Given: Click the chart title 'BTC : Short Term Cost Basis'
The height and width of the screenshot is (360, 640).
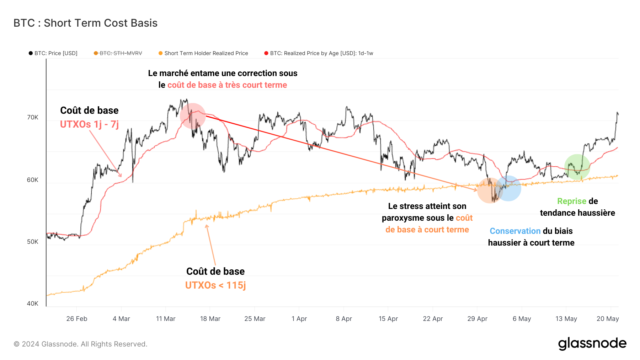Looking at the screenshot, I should pyautogui.click(x=85, y=23).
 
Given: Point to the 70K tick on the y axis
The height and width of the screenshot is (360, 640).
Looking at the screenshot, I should pyautogui.click(x=33, y=117).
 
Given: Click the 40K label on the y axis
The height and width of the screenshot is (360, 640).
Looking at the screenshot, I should pyautogui.click(x=33, y=303).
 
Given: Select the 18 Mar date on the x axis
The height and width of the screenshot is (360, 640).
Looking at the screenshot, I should pyautogui.click(x=210, y=319).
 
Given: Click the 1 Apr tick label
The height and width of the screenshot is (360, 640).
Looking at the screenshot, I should pyautogui.click(x=299, y=319).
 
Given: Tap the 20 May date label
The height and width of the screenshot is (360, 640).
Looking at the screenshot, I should pyautogui.click(x=607, y=319).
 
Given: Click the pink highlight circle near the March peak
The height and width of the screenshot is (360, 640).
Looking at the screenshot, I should pyautogui.click(x=193, y=116).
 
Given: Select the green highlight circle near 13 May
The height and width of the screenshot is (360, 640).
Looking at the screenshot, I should pyautogui.click(x=577, y=167).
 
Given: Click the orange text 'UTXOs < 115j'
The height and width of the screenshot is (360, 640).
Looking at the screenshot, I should pyautogui.click(x=215, y=285).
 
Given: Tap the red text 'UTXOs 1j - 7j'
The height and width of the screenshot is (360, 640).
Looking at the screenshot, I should pyautogui.click(x=89, y=124).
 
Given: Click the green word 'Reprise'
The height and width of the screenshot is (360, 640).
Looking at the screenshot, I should pyautogui.click(x=571, y=201).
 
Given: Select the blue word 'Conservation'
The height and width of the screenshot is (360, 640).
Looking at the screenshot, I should pyautogui.click(x=515, y=231).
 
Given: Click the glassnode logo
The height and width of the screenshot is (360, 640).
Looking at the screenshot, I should pyautogui.click(x=592, y=343).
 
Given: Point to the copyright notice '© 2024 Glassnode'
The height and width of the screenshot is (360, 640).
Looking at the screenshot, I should pyautogui.click(x=80, y=344).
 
